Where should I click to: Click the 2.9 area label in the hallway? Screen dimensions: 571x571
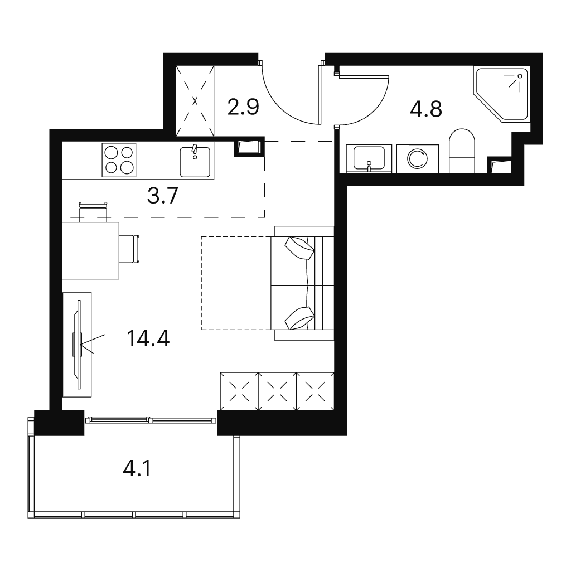(243, 107)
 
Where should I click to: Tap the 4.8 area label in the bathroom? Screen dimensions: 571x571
(425, 109)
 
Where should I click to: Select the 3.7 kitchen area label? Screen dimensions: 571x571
(162, 196)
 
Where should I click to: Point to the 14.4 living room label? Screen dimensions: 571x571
(148, 338)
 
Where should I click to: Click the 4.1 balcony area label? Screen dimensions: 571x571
(137, 468)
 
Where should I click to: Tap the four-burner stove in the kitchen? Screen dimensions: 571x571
(119, 160)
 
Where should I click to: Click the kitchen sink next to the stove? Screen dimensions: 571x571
(195, 162)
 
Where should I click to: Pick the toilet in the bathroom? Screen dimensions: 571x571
(462, 151)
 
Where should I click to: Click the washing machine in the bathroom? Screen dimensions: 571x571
(417, 159)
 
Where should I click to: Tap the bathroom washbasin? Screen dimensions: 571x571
(369, 158)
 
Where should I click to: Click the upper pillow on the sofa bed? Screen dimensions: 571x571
(300, 248)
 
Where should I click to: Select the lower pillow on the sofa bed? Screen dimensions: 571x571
(299, 318)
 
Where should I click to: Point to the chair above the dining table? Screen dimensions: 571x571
(93, 211)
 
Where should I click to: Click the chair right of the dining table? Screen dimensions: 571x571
(129, 249)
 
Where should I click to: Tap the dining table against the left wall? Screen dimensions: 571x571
(91, 250)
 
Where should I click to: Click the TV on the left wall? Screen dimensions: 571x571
(77, 345)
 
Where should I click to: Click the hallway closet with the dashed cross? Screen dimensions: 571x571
(195, 101)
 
